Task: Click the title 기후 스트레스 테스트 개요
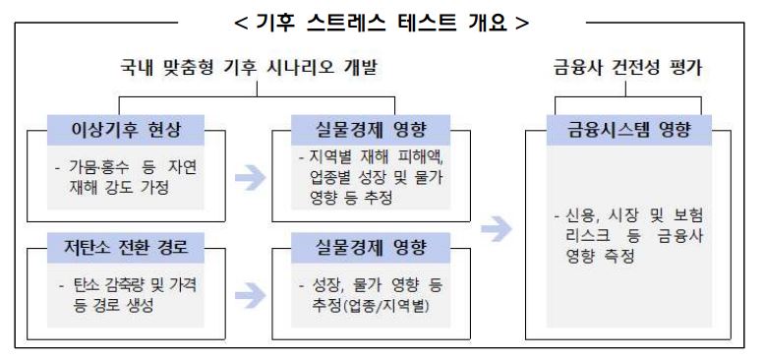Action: point(381,21)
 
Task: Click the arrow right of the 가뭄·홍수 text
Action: point(251,177)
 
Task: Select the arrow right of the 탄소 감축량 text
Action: point(251,292)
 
